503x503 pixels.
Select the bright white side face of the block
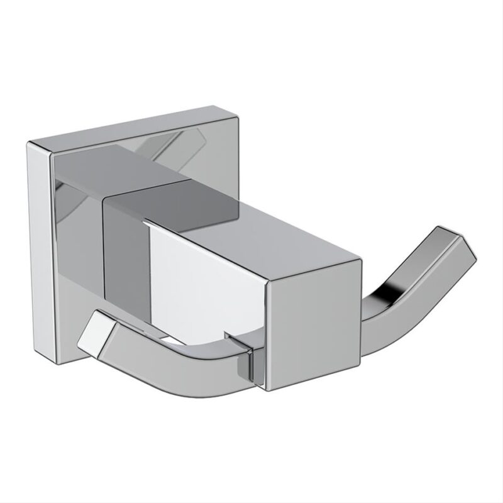207,277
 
